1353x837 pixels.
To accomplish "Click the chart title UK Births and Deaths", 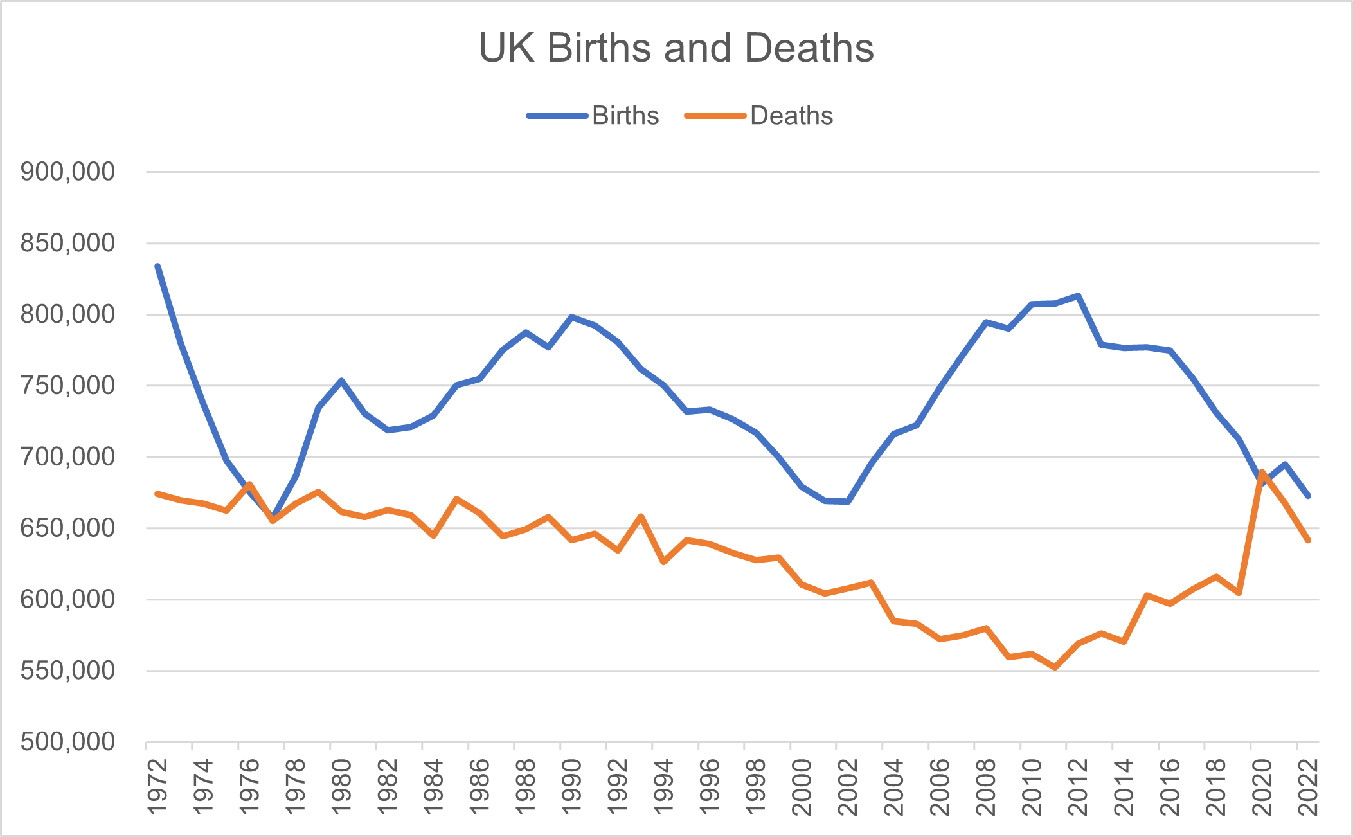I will [x=676, y=48].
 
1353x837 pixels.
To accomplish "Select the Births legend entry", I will [x=625, y=116].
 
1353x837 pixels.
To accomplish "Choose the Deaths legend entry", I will [x=791, y=116].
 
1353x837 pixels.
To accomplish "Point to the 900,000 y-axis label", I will [x=67, y=172].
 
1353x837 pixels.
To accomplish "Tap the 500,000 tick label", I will [x=67, y=742].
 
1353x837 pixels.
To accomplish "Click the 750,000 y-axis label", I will [x=67, y=386].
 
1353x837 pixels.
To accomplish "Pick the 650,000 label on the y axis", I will [x=67, y=528].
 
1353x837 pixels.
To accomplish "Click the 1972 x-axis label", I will [x=158, y=788].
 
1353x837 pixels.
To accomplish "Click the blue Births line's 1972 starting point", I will [x=158, y=266].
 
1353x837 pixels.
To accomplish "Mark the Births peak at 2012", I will [x=1078, y=296].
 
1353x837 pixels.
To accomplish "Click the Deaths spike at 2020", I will [x=1262, y=471].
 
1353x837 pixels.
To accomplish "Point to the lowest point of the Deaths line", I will [x=1055, y=668].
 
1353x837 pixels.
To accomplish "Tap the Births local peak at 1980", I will [x=342, y=381].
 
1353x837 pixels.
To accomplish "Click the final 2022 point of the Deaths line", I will [x=1308, y=541].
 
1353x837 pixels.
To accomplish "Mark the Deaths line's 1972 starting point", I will [x=158, y=494].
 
